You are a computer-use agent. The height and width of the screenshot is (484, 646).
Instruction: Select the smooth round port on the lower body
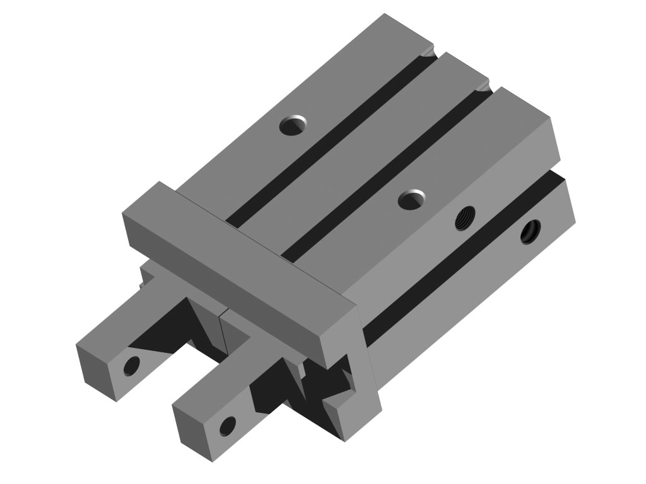pyautogui.click(x=530, y=231)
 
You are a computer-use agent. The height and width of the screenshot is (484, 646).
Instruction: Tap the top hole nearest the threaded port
pyautogui.click(x=412, y=199)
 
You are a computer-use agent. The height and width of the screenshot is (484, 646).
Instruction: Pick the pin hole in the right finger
pyautogui.click(x=226, y=426)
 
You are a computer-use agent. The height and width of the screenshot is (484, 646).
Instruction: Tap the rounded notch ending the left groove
pyautogui.click(x=429, y=53)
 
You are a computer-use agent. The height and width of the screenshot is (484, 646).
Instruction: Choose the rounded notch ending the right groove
pyautogui.click(x=483, y=86)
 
